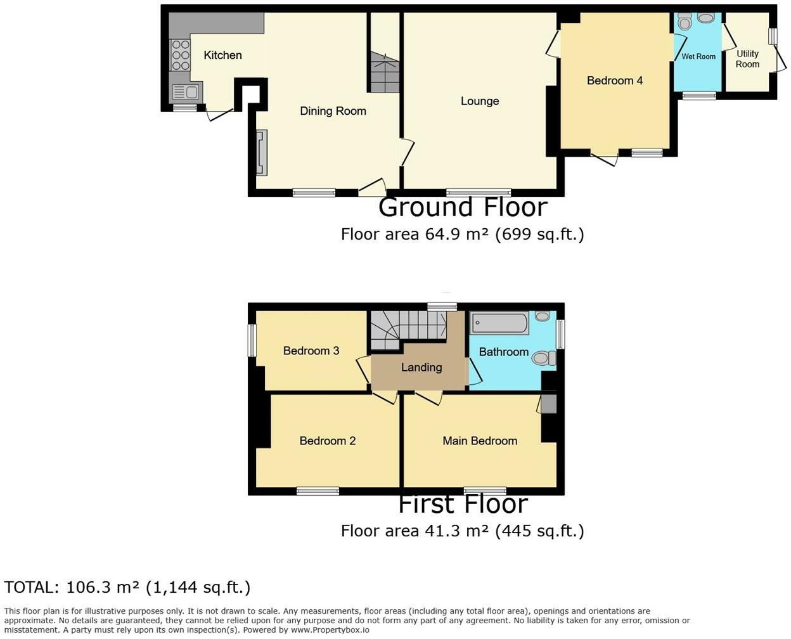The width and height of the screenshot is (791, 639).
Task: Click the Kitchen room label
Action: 222,55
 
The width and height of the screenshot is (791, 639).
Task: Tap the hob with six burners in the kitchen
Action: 181,55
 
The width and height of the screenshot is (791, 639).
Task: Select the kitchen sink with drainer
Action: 186,93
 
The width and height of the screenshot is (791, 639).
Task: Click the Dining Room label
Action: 333,111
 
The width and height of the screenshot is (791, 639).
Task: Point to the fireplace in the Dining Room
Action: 261,152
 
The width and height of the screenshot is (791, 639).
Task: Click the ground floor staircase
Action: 384,73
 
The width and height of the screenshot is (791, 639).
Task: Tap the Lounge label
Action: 480,101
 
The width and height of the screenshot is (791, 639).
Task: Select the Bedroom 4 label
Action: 614,81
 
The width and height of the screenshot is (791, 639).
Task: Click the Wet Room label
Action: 698,56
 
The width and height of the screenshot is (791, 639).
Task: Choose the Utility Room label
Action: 747,59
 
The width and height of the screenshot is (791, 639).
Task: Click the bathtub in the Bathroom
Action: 500,323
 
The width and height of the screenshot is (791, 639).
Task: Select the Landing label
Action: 421,367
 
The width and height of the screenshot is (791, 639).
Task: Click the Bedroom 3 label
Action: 311,351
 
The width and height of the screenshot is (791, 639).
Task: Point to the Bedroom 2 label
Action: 328,441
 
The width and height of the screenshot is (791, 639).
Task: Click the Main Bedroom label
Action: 480,441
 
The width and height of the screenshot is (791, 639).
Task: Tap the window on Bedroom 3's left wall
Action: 252,340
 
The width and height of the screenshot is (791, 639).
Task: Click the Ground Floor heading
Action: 463,207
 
